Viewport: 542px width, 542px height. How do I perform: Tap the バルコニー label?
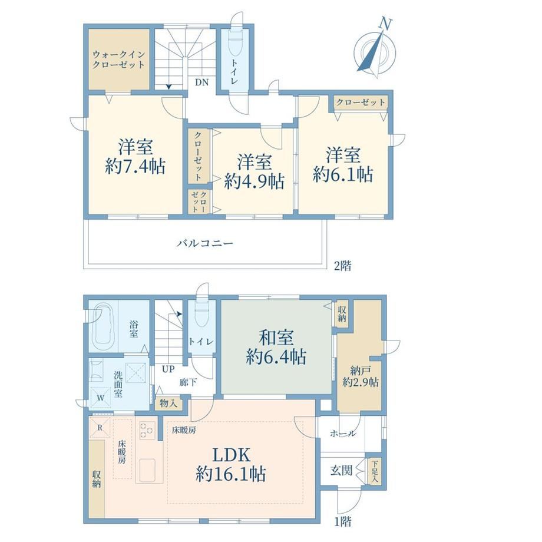click(206, 243)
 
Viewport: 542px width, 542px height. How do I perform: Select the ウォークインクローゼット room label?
click(118, 60)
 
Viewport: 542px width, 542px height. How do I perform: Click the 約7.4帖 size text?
click(135, 167)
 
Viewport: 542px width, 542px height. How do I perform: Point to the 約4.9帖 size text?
click(255, 181)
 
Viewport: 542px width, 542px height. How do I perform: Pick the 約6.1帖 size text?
click(343, 174)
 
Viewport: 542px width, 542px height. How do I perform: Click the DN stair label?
click(202, 82)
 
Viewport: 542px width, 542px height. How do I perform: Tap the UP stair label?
click(168, 369)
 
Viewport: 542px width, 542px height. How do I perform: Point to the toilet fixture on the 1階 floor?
click(201, 313)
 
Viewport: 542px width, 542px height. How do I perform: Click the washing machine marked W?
click(100, 398)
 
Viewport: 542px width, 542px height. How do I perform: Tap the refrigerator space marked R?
click(100, 428)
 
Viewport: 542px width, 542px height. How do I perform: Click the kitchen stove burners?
click(146, 431)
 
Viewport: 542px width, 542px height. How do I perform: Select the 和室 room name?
click(276, 338)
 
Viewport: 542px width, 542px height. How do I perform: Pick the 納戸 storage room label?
click(360, 371)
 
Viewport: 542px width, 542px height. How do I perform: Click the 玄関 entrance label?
click(341, 470)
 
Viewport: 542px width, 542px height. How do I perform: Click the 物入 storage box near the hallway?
click(168, 403)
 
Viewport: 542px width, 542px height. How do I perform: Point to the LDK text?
click(231, 455)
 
